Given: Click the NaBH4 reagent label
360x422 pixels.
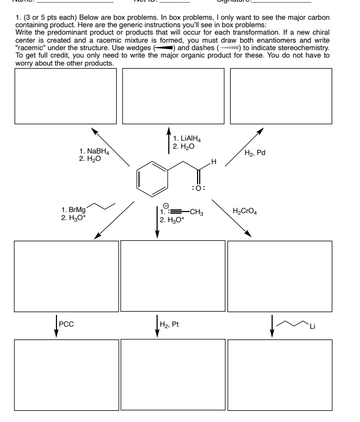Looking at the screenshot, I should click(96, 152).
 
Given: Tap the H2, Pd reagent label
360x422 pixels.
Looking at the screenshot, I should click(255, 153).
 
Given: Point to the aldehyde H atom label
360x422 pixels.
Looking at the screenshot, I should click(214, 161).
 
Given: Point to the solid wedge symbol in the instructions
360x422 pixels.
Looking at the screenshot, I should click(163, 48).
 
